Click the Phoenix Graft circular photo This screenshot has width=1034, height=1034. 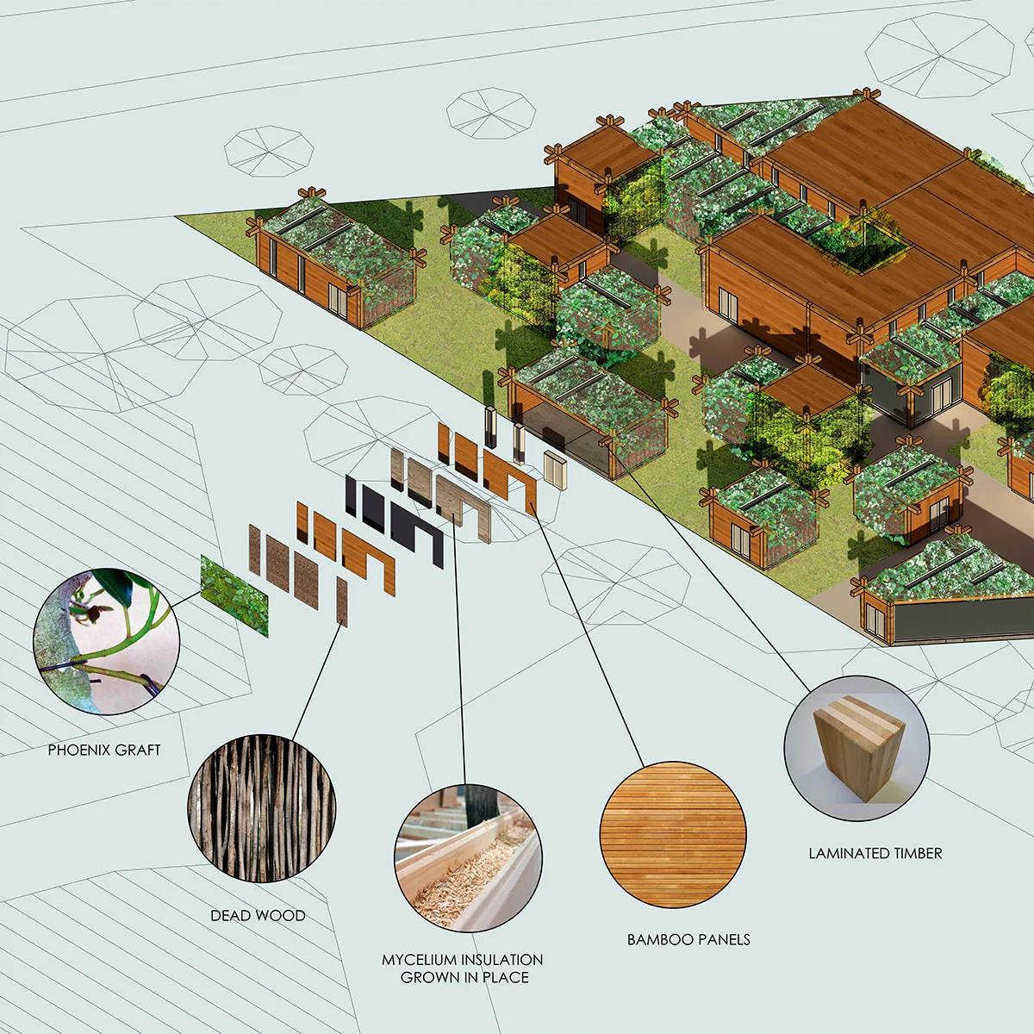tap(106, 641)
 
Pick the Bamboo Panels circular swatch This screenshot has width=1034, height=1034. tap(673, 834)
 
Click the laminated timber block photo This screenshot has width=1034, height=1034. tap(856, 747)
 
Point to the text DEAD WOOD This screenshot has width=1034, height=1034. tap(258, 916)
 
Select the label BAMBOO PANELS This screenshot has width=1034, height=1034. tap(688, 940)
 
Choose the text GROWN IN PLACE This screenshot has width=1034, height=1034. tap(464, 978)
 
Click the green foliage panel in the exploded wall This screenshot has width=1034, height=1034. tap(234, 595)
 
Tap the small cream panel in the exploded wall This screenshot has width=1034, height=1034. tap(553, 469)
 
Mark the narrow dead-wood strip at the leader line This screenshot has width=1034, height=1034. tap(341, 601)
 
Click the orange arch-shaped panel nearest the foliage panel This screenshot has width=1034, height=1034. tap(369, 560)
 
